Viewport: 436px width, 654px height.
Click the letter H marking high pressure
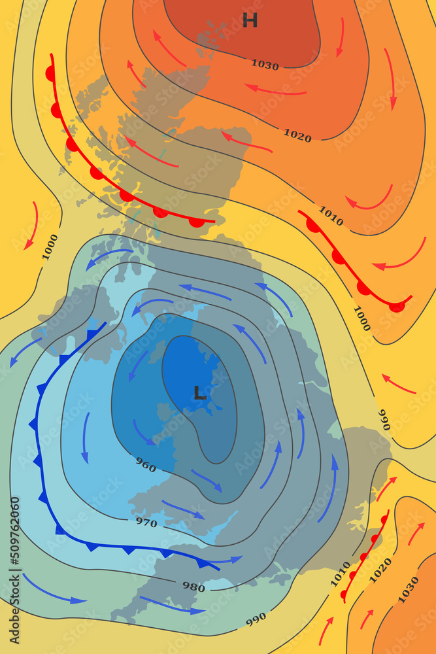click(x=250, y=21)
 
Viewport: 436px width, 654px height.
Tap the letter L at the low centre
click(x=200, y=393)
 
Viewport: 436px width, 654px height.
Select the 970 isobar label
click(x=146, y=522)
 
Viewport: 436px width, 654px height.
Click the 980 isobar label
click(x=193, y=587)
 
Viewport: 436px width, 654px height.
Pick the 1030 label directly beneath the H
click(x=265, y=65)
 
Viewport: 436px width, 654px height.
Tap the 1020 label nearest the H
click(x=297, y=135)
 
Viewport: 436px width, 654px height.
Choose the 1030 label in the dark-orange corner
click(x=409, y=589)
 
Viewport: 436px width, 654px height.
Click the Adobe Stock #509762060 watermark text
click(x=14, y=569)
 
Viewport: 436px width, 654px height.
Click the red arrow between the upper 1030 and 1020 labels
click(x=275, y=90)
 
